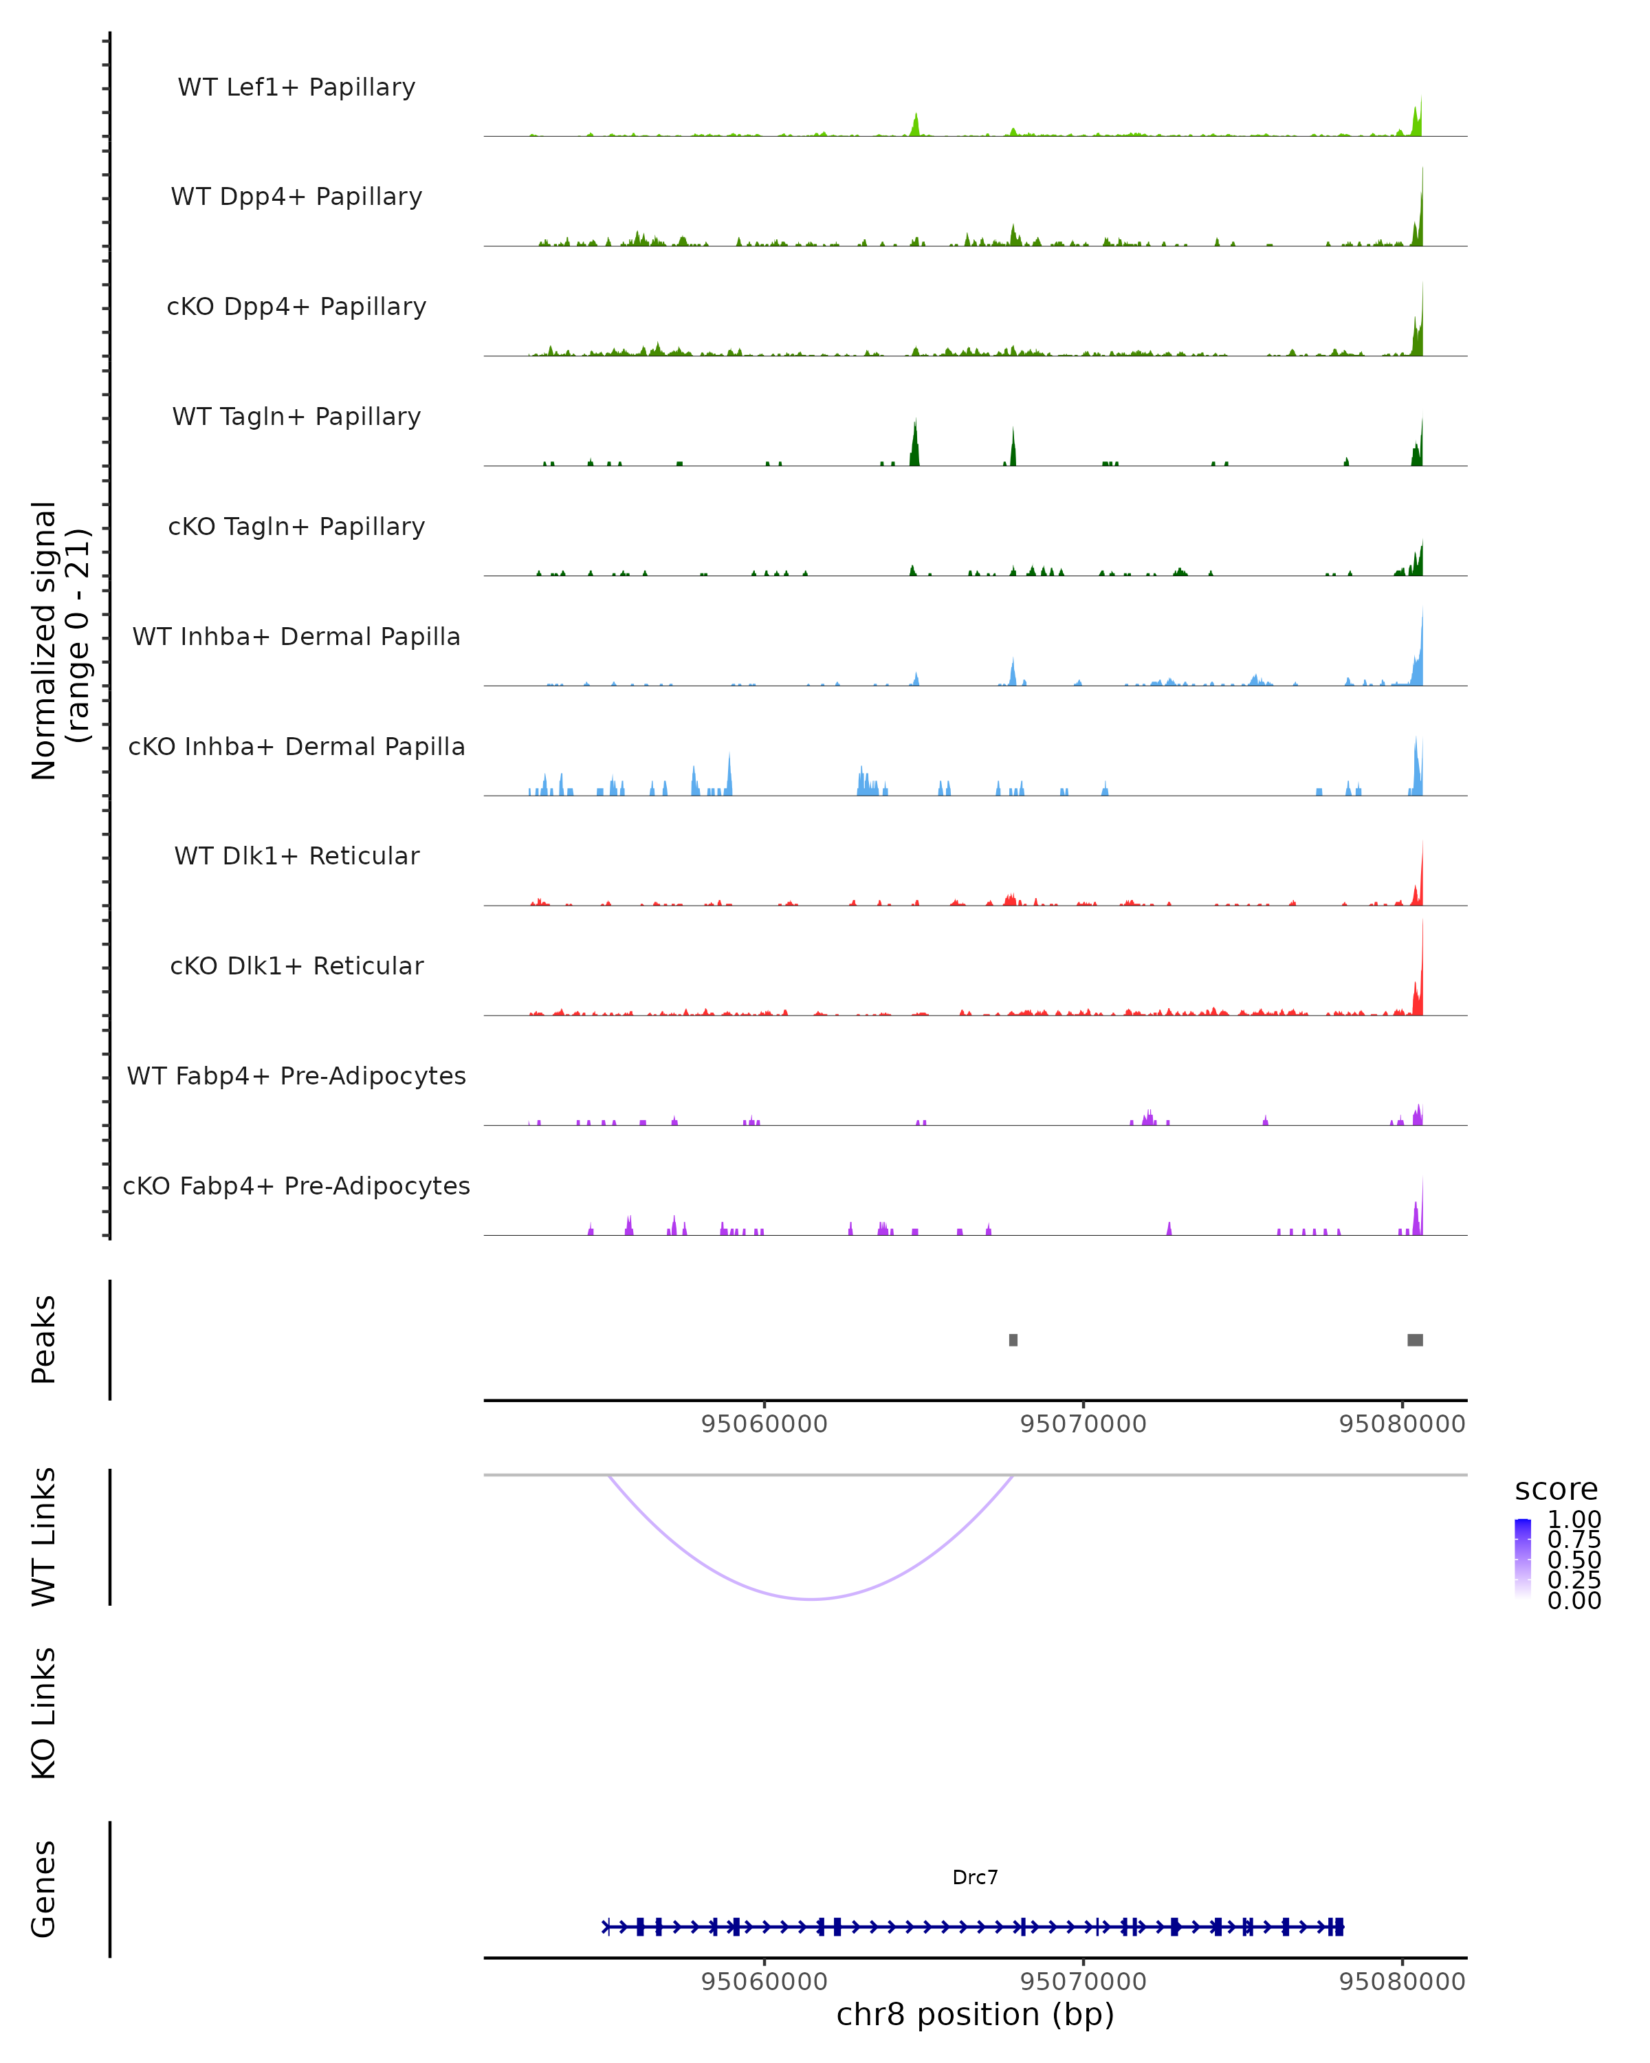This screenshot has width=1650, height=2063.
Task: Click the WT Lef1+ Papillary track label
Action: click(296, 87)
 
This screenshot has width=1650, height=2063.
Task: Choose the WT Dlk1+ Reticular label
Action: click(296, 855)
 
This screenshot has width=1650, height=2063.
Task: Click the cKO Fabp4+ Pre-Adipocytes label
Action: click(296, 1186)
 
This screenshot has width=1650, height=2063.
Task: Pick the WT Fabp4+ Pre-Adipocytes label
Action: click(296, 1076)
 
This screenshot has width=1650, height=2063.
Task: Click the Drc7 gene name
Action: click(975, 1877)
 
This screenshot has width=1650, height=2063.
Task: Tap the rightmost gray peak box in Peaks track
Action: click(1415, 1340)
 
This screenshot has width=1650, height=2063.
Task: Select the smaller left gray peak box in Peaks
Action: click(1013, 1340)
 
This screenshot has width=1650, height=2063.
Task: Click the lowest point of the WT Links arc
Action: click(811, 1599)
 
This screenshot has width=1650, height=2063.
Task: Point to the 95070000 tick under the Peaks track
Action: click(1083, 1424)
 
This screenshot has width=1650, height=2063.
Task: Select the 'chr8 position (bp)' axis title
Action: click(975, 2015)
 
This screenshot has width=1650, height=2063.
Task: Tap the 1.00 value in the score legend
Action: click(1574, 1520)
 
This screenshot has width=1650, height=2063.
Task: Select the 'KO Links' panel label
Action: click(44, 1714)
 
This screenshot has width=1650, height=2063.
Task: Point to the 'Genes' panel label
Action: click(44, 1889)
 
